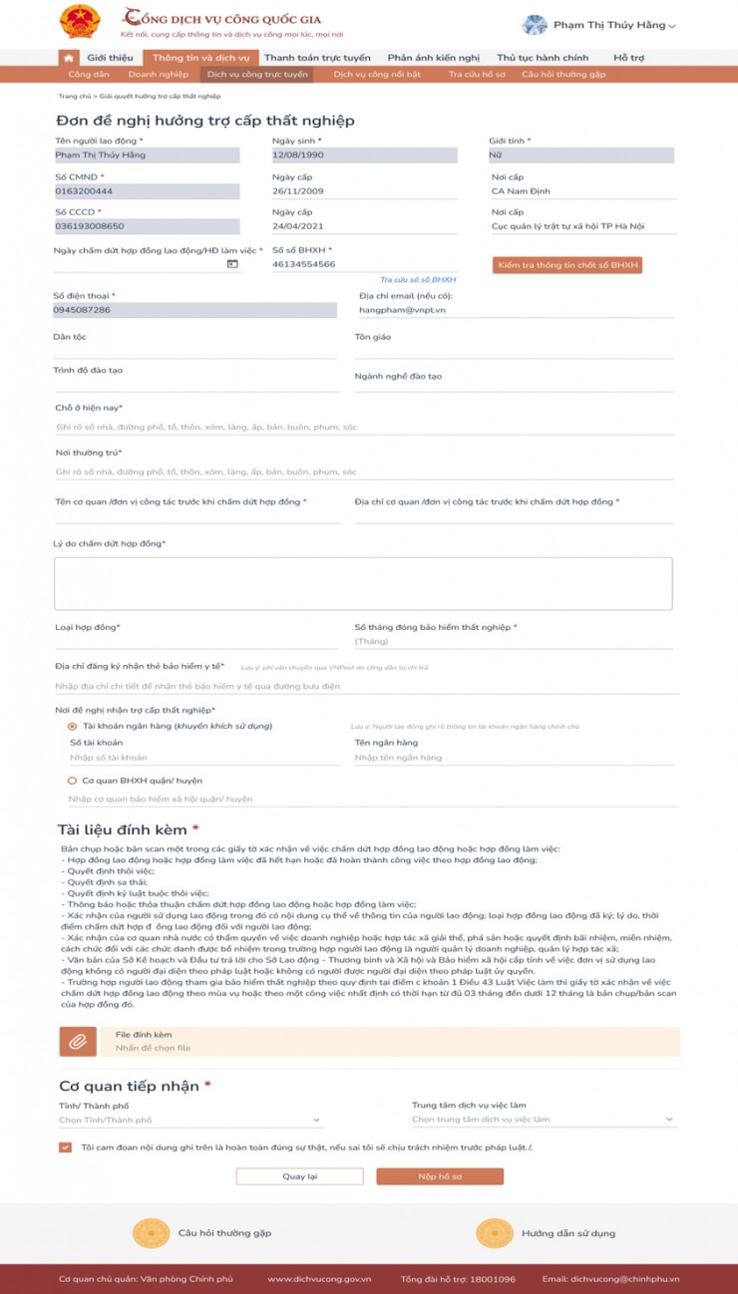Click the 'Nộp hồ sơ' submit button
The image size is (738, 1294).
click(x=439, y=1176)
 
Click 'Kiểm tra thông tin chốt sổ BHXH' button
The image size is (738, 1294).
click(x=567, y=265)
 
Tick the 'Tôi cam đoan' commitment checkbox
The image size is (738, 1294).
click(x=66, y=1147)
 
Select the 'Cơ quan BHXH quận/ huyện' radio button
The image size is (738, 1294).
click(x=73, y=781)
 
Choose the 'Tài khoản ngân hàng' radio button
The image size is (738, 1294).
click(x=73, y=726)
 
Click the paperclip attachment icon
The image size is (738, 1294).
click(x=77, y=1042)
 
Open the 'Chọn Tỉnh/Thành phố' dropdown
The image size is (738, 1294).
click(x=189, y=1120)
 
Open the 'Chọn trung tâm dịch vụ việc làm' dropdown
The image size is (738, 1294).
click(x=544, y=1120)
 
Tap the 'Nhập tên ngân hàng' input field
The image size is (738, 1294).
click(x=514, y=758)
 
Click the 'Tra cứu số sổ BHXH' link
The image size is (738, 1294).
click(x=418, y=280)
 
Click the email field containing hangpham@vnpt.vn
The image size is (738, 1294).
click(x=514, y=310)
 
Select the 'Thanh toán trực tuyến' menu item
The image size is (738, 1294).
click(x=317, y=58)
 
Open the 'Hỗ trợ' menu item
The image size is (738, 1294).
click(x=628, y=58)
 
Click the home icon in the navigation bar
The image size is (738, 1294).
click(x=68, y=59)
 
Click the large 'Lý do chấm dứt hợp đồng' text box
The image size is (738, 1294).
click(x=363, y=583)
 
